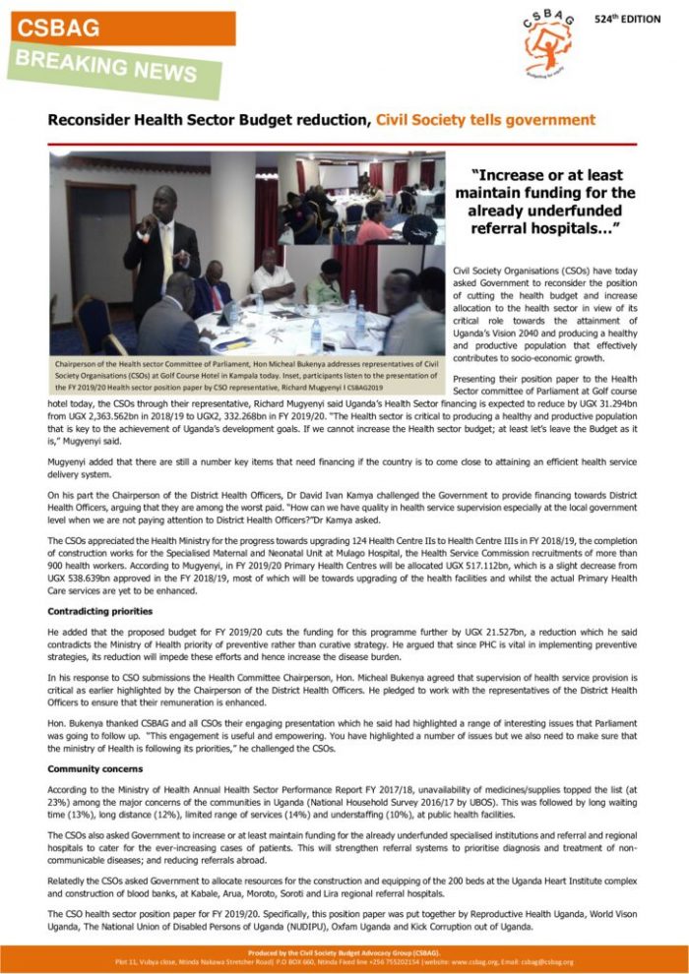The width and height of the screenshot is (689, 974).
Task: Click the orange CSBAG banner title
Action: [58, 29]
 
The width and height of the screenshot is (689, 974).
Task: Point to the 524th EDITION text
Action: [628, 20]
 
